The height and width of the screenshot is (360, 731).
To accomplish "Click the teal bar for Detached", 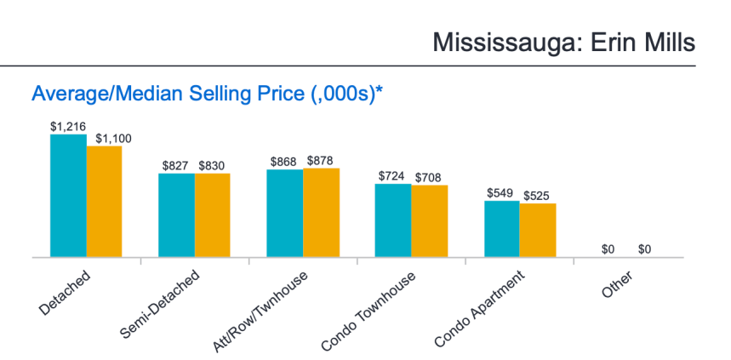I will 68,196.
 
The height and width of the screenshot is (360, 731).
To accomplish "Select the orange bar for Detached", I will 104,202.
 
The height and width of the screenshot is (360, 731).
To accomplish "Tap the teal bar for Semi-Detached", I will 176,214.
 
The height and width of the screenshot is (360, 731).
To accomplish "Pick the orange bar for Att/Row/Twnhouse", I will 321,213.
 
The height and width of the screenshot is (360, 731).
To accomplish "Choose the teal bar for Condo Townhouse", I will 393,220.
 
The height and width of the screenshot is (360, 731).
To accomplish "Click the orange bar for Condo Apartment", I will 538,230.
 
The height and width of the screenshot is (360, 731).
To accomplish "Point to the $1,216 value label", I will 67,127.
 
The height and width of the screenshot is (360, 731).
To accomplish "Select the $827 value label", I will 176,165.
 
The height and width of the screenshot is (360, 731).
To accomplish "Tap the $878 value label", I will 321,161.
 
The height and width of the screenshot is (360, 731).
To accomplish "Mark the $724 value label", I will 393,176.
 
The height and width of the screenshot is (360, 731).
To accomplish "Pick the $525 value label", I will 538,195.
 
